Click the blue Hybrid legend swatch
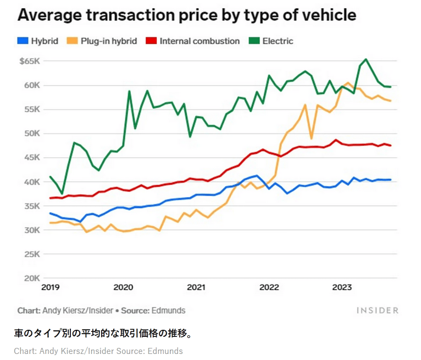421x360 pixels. [23, 41]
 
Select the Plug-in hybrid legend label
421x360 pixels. [109, 41]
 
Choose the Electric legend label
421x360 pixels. [278, 41]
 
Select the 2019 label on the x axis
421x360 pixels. [50, 287]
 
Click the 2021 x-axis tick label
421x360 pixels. [196, 287]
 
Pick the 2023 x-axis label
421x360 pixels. [342, 287]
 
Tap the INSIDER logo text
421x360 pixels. [378, 311]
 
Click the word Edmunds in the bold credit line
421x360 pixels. [168, 311]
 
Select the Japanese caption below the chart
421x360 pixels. [102, 334]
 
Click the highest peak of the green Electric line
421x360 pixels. [366, 59]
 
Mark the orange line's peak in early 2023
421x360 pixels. [348, 83]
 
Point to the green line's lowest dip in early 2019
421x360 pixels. [62, 194]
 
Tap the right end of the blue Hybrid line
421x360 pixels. [391, 180]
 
